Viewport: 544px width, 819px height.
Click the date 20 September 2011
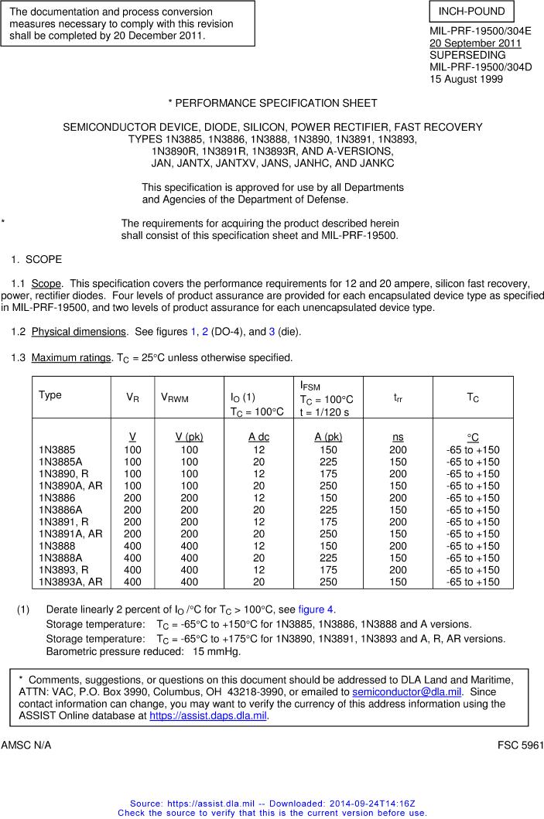pyautogui.click(x=475, y=43)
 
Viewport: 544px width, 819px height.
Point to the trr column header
pyautogui.click(x=398, y=398)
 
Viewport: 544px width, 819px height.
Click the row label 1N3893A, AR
pyautogui.click(x=70, y=582)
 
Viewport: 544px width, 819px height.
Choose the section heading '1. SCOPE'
pyautogui.click(x=36, y=259)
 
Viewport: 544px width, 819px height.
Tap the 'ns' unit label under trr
pyautogui.click(x=398, y=437)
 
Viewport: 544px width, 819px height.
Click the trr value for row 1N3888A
pyautogui.click(x=398, y=558)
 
